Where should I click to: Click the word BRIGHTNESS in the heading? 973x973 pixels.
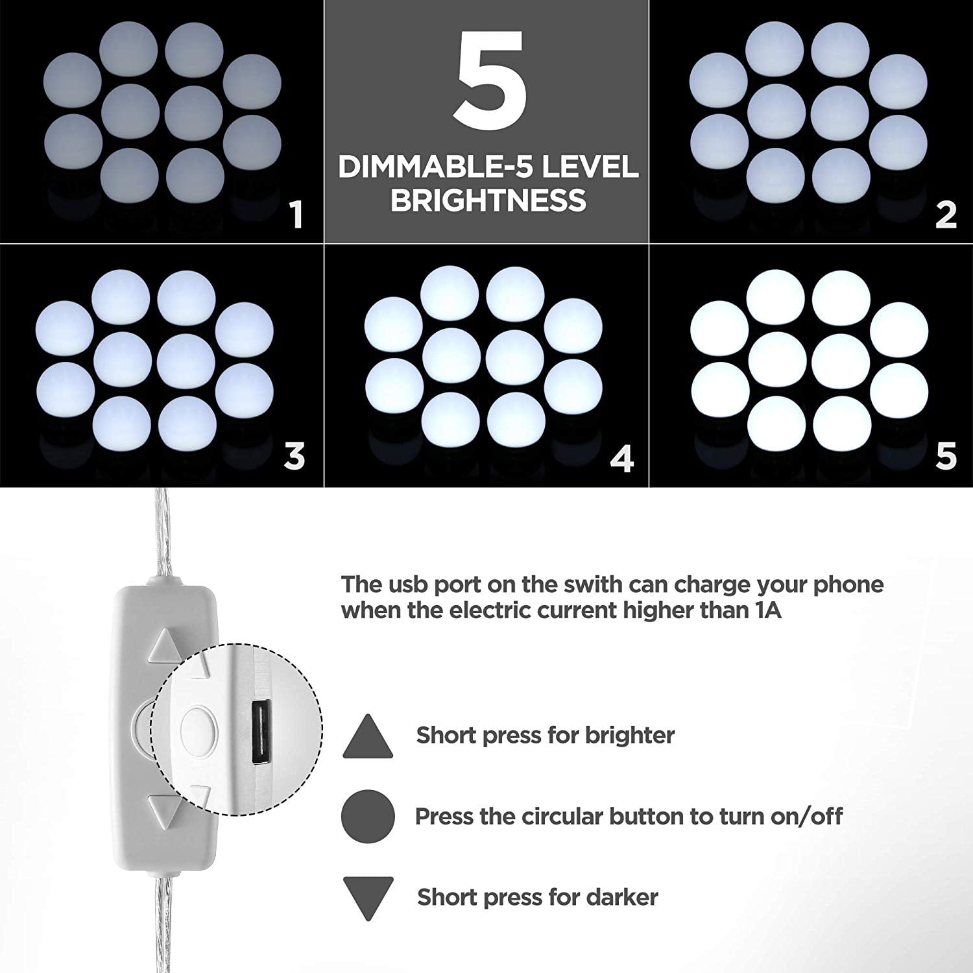coord(488,200)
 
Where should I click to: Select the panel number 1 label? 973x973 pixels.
coord(296,215)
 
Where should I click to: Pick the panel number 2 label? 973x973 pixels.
coord(946,215)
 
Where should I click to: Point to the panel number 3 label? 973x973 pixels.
coord(294,457)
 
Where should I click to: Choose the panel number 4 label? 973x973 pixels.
coord(621,459)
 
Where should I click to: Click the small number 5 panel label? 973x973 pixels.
coord(946,457)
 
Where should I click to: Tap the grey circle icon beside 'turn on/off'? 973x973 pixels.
coord(368,816)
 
